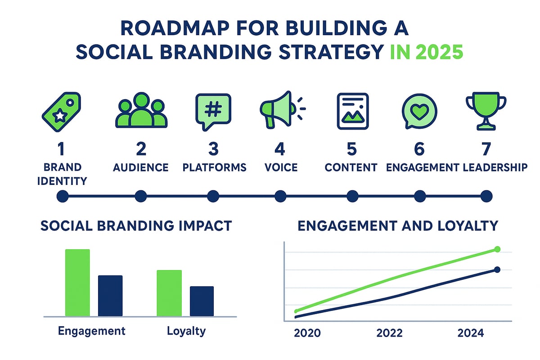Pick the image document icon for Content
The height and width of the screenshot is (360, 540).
point(352,111)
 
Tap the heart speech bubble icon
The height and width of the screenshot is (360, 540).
point(419,111)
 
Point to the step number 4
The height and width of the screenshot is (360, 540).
point(280,149)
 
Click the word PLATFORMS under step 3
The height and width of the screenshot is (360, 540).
point(214,167)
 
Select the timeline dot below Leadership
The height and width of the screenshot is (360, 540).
point(486,196)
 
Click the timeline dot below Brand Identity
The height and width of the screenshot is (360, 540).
point(62,196)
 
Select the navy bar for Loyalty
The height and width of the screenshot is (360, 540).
point(202,301)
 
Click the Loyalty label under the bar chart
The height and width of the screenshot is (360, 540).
point(186,331)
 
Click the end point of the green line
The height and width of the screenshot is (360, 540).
point(497,249)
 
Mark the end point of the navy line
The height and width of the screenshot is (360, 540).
point(497,270)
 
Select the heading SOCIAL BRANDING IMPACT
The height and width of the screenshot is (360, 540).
point(136,225)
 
